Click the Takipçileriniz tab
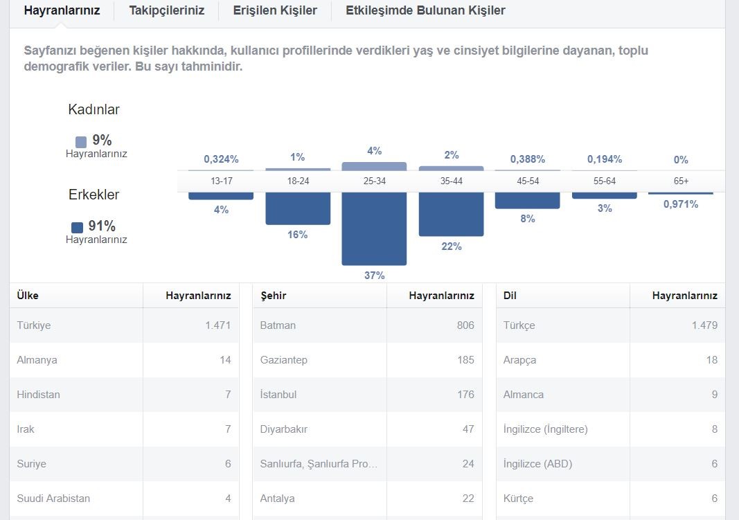point(166,10)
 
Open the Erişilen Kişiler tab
point(275,10)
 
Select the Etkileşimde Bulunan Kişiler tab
point(425,10)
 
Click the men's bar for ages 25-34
point(374,228)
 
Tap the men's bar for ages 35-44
point(451,214)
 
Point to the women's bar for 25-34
point(374,166)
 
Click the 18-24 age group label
point(298,181)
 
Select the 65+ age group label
point(681,181)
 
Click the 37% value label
point(374,275)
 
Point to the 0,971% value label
point(681,204)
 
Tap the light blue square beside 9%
point(81,142)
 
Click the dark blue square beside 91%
point(78,228)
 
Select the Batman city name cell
point(278,325)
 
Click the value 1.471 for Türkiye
point(217,325)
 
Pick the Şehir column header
point(274,296)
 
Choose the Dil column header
point(510,296)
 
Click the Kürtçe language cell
point(519,499)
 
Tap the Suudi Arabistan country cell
point(53,499)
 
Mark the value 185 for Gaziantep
point(465,360)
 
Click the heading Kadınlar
point(94,109)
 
